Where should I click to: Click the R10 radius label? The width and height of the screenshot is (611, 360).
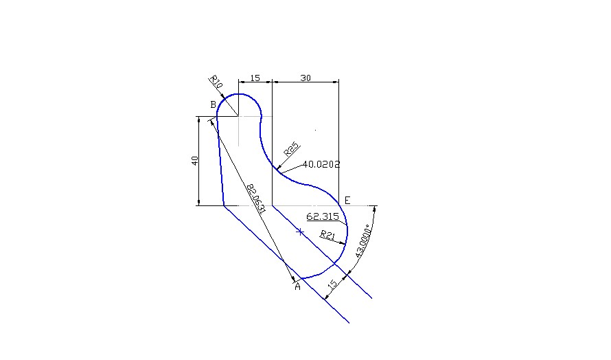pos(216,82)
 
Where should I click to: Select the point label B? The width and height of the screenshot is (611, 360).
pos(213,104)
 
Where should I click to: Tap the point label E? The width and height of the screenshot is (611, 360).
pos(347,201)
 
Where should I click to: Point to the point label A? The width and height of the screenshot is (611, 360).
pos(297,286)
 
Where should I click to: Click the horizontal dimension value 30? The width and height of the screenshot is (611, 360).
pos(305,78)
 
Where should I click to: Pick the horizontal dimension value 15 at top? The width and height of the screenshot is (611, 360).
pos(255,78)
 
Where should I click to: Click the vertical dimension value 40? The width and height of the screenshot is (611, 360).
pos(195,161)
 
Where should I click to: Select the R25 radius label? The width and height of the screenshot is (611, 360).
pos(292,149)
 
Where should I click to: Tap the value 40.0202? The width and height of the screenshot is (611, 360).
pos(321,165)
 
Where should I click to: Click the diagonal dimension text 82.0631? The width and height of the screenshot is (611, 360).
pos(256,199)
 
